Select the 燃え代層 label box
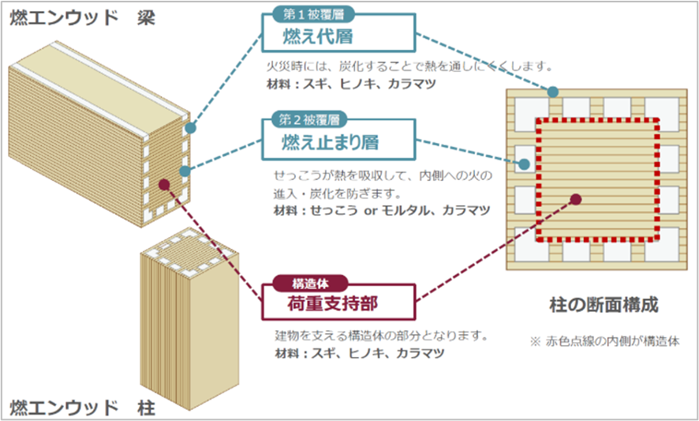click(x=338, y=36)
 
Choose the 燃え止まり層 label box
click(x=338, y=141)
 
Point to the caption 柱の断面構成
click(x=604, y=305)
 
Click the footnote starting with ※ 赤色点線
click(x=604, y=341)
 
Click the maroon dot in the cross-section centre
click(x=576, y=199)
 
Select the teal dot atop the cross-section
click(x=553, y=92)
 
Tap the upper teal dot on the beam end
click(x=189, y=127)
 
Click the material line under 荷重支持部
click(x=356, y=352)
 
